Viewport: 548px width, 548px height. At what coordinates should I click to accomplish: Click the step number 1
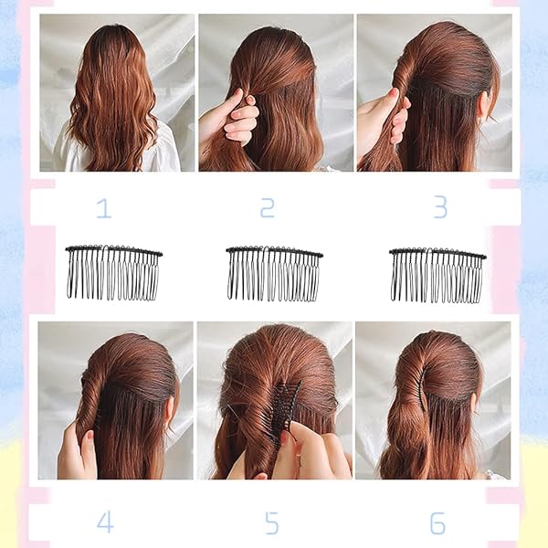[104, 207]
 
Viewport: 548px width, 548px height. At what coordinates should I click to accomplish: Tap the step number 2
[268, 207]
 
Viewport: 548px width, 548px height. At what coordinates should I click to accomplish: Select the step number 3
[440, 207]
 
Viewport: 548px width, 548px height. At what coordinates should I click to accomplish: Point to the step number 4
[105, 522]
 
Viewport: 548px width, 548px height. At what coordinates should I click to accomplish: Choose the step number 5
[272, 522]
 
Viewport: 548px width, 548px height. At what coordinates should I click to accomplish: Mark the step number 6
[437, 522]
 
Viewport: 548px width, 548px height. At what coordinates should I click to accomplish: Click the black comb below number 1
[114, 272]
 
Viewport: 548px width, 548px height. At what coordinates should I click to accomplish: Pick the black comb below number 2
[274, 273]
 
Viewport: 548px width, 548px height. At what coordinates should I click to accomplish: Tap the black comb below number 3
[437, 275]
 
